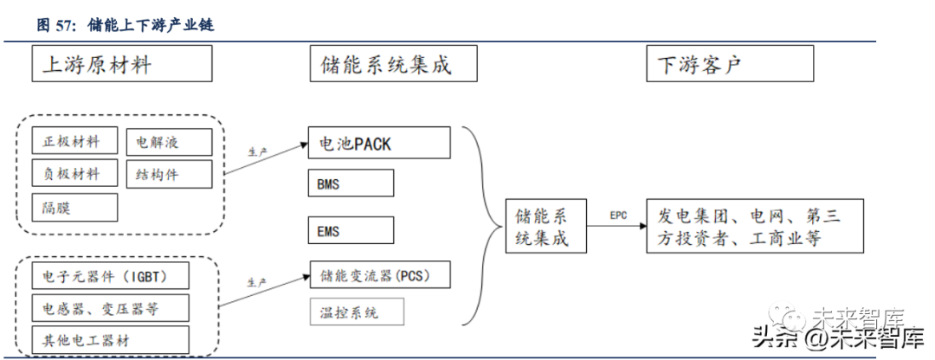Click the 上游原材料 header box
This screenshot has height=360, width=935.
tap(121, 63)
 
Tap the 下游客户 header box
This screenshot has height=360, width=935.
tap(730, 63)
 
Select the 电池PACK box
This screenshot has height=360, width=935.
tap(379, 143)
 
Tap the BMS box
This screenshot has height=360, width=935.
tap(351, 183)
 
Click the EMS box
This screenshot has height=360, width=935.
tap(351, 230)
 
